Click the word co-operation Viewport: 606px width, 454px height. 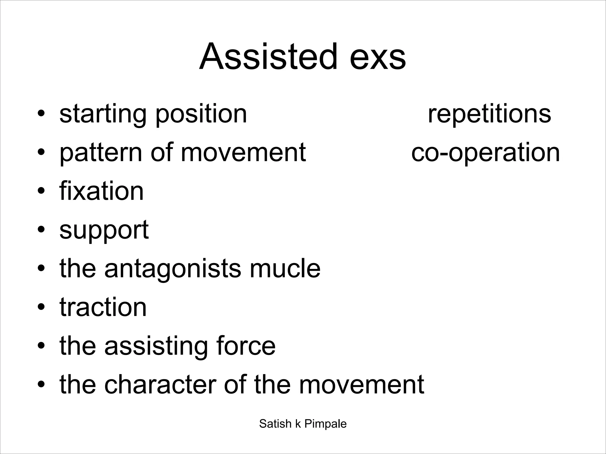tap(485, 153)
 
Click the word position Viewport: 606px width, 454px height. tap(201, 115)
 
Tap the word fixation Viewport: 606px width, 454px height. tap(101, 191)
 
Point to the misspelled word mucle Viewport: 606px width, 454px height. tap(285, 268)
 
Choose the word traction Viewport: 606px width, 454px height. tap(103, 307)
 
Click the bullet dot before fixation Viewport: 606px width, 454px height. tap(41, 191)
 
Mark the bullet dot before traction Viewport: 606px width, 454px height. tap(41, 307)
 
